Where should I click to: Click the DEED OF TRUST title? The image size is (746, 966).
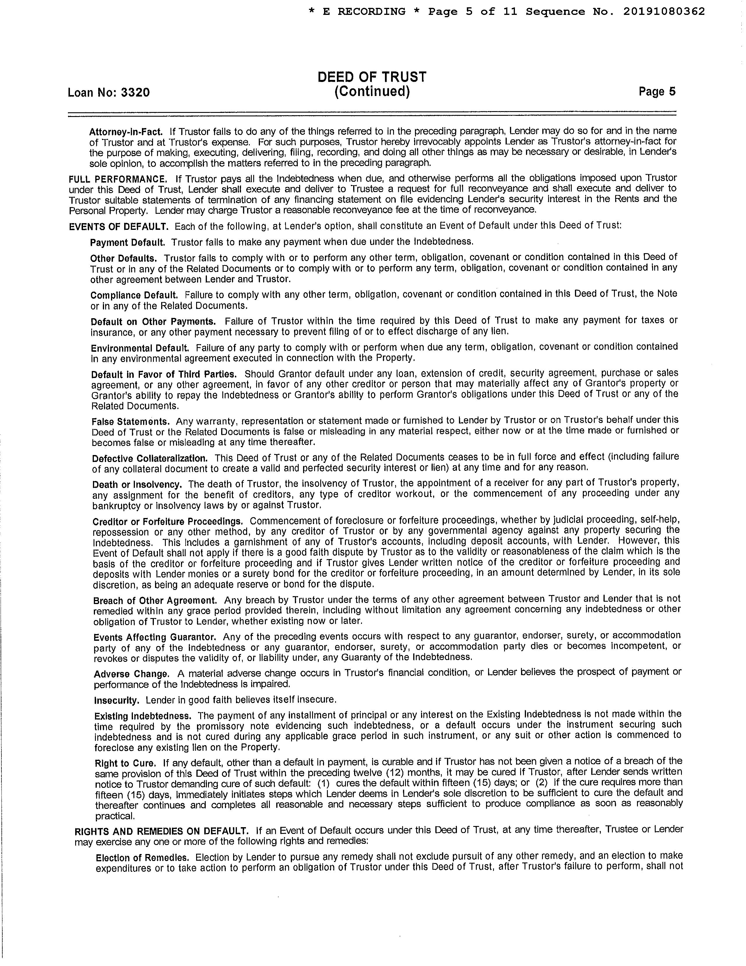pyautogui.click(x=372, y=77)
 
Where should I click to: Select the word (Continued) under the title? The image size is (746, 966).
pyautogui.click(x=372, y=92)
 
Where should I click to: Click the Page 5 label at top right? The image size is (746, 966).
pyautogui.click(x=657, y=92)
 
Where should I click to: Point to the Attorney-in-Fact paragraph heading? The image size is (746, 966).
pyautogui.click(x=126, y=132)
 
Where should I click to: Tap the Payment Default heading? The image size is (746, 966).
pyautogui.click(x=127, y=242)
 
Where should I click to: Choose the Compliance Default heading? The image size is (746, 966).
pyautogui.click(x=134, y=295)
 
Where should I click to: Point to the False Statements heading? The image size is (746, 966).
pyautogui.click(x=130, y=421)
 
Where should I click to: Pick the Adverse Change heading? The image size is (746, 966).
pyautogui.click(x=131, y=674)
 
